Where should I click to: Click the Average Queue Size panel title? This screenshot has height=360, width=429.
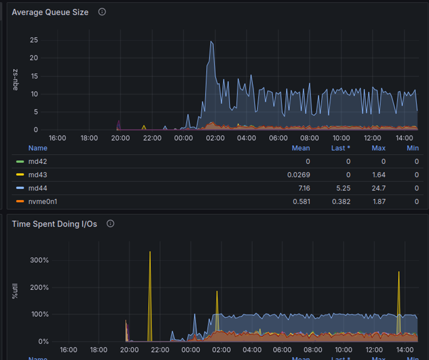50,12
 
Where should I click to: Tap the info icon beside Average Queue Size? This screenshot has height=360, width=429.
102,12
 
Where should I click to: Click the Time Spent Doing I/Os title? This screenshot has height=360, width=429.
54,224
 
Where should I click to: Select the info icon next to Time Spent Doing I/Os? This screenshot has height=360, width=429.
111,224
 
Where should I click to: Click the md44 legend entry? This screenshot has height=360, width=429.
38,188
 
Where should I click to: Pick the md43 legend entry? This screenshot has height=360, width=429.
38,175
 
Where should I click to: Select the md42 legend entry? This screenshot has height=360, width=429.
38,161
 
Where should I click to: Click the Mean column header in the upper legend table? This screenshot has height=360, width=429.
301,148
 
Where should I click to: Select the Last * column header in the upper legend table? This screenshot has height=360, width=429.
341,148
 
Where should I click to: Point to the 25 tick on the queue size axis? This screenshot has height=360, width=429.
34,40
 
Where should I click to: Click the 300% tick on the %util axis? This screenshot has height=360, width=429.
40,260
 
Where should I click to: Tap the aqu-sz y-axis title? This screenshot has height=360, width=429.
15,80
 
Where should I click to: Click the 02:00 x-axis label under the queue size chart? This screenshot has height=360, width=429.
215,138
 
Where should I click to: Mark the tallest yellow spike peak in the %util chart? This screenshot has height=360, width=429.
150,252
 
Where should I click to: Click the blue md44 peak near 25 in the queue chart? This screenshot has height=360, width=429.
211,42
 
